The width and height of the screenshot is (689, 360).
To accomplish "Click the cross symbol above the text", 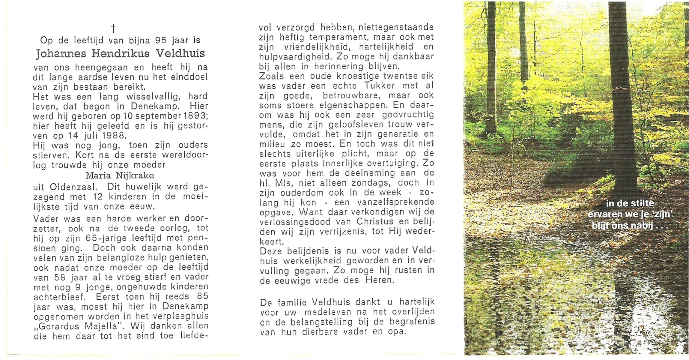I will tap(113, 28).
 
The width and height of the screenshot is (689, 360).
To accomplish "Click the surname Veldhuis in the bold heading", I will tap(180, 53).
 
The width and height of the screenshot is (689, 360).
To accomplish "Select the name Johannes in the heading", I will tap(61, 54).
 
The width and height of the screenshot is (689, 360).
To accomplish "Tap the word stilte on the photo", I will tap(642, 203).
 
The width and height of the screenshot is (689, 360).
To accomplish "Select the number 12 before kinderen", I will tap(98, 197).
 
